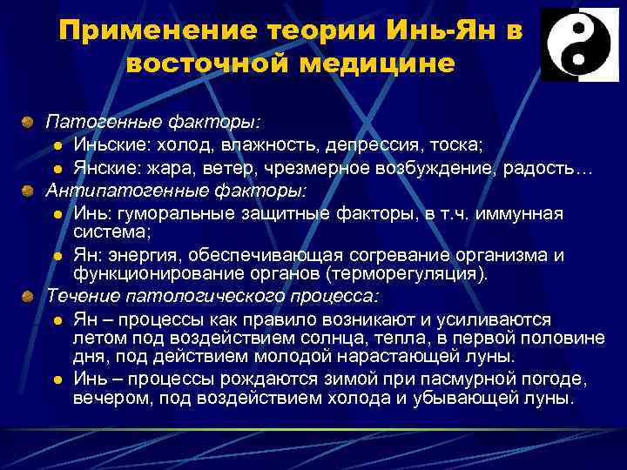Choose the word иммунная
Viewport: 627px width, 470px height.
pyautogui.click(x=518, y=213)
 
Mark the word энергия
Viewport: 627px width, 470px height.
pyautogui.click(x=147, y=255)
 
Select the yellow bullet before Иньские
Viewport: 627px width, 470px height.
pyautogui.click(x=56, y=144)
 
